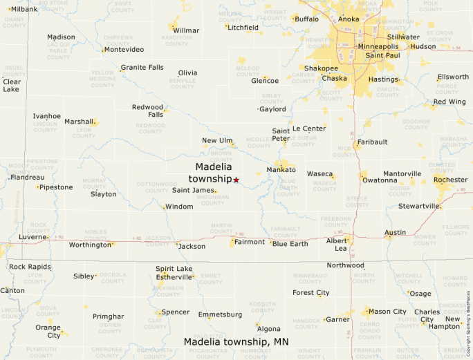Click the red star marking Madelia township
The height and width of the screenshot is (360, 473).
(236, 180)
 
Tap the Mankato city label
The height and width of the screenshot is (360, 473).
(281, 169)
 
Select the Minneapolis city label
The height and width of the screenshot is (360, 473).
(378, 46)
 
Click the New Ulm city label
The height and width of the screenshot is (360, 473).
(217, 140)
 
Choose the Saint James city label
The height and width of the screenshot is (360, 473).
(193, 190)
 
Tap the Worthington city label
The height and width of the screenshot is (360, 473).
(90, 245)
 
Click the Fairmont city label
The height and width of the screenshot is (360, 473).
(249, 242)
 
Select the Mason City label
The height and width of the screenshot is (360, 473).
(387, 312)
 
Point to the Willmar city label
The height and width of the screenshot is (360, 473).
(186, 30)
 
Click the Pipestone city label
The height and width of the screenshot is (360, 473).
(56, 187)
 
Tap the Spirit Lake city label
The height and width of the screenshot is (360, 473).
(174, 268)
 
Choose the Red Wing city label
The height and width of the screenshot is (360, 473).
(449, 102)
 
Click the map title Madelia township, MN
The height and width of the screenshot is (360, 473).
(236, 342)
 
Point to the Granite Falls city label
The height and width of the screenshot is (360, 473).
(142, 68)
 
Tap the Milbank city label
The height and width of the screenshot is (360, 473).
(24, 9)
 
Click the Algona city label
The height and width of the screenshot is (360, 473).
(268, 329)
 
